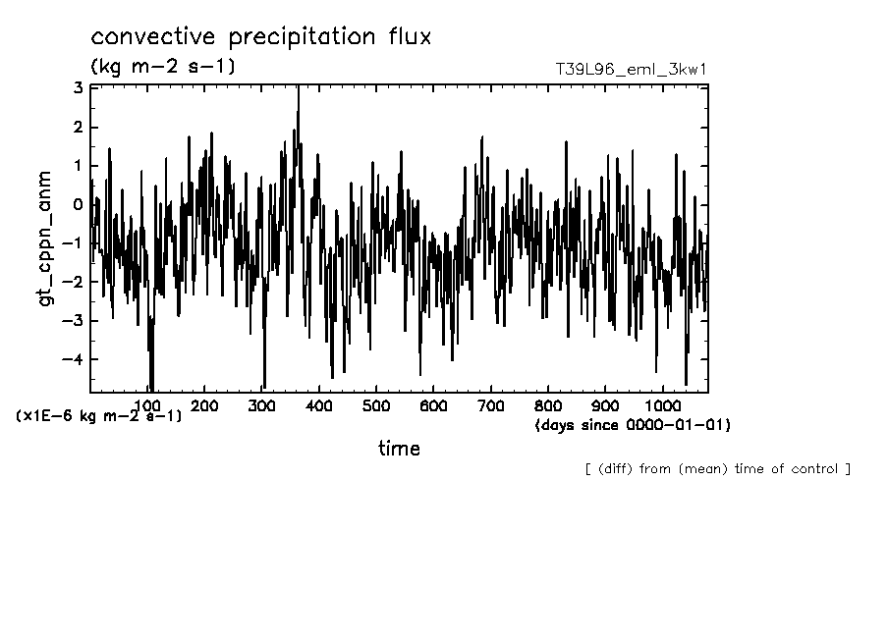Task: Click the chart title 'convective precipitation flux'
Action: point(261,38)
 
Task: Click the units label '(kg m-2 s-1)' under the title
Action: point(162,67)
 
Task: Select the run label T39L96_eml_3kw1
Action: point(632,70)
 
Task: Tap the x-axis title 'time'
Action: point(399,449)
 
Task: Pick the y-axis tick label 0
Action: point(80,204)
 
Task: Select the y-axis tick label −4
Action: point(74,359)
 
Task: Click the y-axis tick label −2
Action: point(74,282)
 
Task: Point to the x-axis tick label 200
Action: point(204,405)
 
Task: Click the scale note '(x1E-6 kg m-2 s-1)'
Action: point(99,416)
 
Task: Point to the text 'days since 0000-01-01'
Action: point(633,425)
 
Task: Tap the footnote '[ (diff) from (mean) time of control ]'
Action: point(717,469)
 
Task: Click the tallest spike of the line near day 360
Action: point(298,90)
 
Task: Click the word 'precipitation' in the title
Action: point(294,38)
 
